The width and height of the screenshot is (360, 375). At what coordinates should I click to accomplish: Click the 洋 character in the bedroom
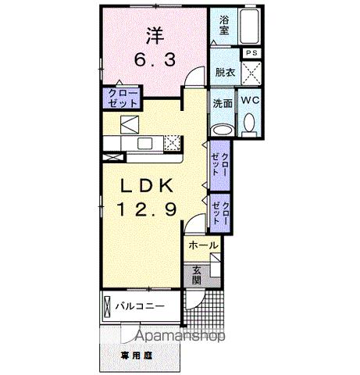(x=153, y=34)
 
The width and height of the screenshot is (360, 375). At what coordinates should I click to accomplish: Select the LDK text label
(x=152, y=185)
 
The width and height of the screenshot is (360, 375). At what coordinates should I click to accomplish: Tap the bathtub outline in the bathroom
(x=250, y=25)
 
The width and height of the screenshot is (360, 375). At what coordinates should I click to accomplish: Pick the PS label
(x=251, y=52)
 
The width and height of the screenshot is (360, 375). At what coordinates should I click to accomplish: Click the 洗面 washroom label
(x=223, y=102)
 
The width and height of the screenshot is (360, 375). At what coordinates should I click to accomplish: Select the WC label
(x=250, y=102)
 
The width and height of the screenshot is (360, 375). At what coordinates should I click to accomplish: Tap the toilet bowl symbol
(x=250, y=123)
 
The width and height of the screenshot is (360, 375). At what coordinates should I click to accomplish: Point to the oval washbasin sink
(x=223, y=130)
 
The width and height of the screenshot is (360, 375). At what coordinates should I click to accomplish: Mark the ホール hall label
(x=202, y=245)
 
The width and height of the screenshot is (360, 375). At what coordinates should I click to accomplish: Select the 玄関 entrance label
(x=196, y=274)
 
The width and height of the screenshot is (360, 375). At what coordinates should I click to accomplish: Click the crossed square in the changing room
(x=251, y=71)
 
